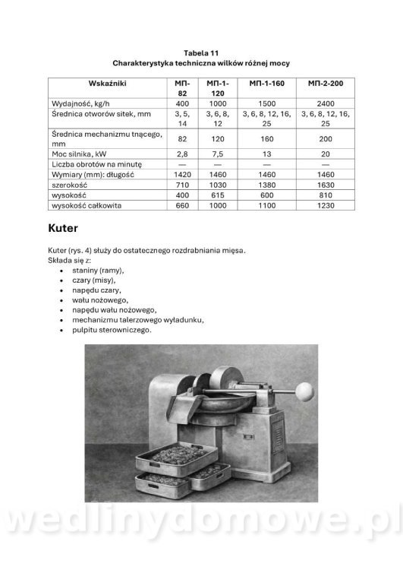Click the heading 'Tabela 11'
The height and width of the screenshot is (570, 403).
201,52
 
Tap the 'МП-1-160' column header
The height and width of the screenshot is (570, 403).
266,82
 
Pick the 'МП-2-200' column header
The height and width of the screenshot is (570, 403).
325,82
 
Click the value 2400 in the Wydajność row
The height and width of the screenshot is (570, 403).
325,103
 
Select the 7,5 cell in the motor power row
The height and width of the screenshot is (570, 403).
217,153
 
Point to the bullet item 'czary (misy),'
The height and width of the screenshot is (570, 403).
93,280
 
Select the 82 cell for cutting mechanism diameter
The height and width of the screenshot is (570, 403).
182,138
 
